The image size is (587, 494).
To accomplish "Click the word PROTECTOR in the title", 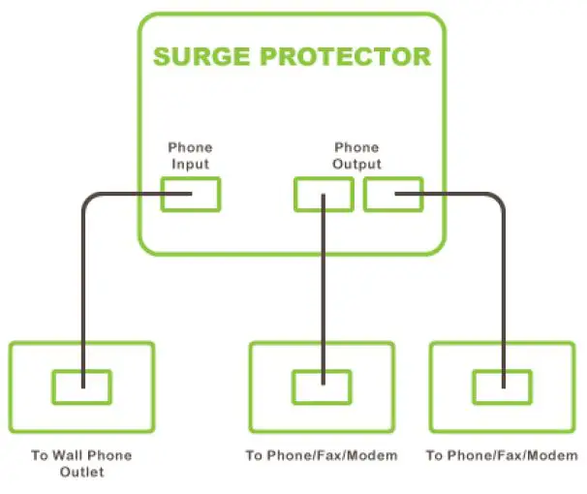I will (344, 55).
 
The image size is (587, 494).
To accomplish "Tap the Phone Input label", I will (190, 156).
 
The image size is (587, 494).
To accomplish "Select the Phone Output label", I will (356, 156).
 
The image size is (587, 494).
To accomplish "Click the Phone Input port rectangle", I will (191, 194).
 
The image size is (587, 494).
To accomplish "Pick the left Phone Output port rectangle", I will (324, 194).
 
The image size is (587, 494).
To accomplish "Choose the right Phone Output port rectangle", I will (392, 194).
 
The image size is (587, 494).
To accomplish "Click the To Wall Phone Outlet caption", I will (80, 464).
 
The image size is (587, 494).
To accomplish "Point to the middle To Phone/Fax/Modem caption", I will (321, 455).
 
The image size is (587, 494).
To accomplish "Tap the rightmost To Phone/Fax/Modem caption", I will (502, 455).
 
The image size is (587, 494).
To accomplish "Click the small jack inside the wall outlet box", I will (80, 386).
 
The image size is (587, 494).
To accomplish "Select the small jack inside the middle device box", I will (322, 386).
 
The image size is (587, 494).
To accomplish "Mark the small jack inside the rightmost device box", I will (502, 386).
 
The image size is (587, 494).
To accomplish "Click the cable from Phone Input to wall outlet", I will (83, 291).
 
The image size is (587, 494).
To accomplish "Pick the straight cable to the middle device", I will (322, 291).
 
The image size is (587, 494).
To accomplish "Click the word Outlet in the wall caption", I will (80, 473).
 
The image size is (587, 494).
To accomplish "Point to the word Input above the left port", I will (190, 164).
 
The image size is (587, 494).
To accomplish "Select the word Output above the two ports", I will (357, 164).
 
